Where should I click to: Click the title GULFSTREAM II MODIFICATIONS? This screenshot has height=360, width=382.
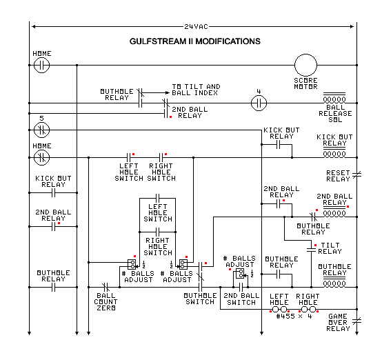195,41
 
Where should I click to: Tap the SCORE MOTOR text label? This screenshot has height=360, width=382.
305,85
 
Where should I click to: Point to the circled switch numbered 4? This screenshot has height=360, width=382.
258,103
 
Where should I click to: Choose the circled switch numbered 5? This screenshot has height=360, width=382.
42,129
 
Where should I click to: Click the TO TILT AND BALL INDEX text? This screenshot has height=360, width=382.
196,90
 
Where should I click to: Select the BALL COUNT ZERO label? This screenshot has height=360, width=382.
106,301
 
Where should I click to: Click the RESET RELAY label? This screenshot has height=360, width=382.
339,174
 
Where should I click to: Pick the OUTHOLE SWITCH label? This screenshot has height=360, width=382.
199,298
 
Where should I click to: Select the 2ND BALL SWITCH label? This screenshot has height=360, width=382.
241,298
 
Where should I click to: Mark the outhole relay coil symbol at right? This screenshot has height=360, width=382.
335,283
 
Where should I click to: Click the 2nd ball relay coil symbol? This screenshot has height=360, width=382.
335,213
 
